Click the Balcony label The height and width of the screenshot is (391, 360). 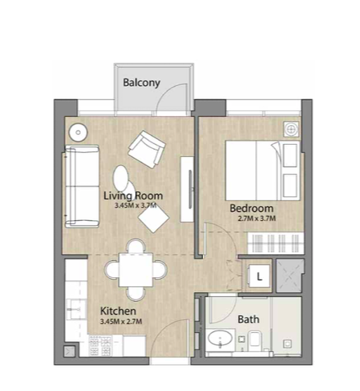pyautogui.click(x=142, y=83)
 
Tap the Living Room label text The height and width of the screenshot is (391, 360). pyautogui.click(x=133, y=195)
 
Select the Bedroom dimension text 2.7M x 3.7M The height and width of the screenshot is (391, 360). pyautogui.click(x=257, y=218)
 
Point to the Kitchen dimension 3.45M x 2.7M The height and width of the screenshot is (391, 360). pyautogui.click(x=121, y=321)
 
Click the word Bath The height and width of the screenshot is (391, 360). pyautogui.click(x=248, y=319)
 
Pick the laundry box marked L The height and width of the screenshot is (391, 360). pyautogui.click(x=259, y=276)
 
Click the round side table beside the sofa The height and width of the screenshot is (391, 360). pyautogui.click(x=79, y=133)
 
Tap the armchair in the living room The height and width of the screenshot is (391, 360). pyautogui.click(x=146, y=150)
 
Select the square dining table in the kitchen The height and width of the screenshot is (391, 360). pyautogui.click(x=136, y=270)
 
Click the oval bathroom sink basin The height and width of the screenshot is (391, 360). pyautogui.click(x=220, y=339)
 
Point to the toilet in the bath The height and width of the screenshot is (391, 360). pyautogui.click(x=255, y=339)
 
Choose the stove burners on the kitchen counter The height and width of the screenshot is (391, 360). pyautogui.click(x=100, y=346)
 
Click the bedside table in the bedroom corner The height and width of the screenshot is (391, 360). pyautogui.click(x=291, y=128)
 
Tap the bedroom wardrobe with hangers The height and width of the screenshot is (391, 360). pyautogui.click(x=276, y=243)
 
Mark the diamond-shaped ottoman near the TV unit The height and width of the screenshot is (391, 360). pyautogui.click(x=153, y=218)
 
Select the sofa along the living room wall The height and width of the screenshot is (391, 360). pyautogui.click(x=82, y=187)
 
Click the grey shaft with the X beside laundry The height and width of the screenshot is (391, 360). pyautogui.click(x=290, y=276)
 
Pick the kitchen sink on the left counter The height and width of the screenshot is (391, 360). pyautogui.click(x=76, y=309)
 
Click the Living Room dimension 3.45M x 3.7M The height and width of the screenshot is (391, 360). pyautogui.click(x=136, y=205)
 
